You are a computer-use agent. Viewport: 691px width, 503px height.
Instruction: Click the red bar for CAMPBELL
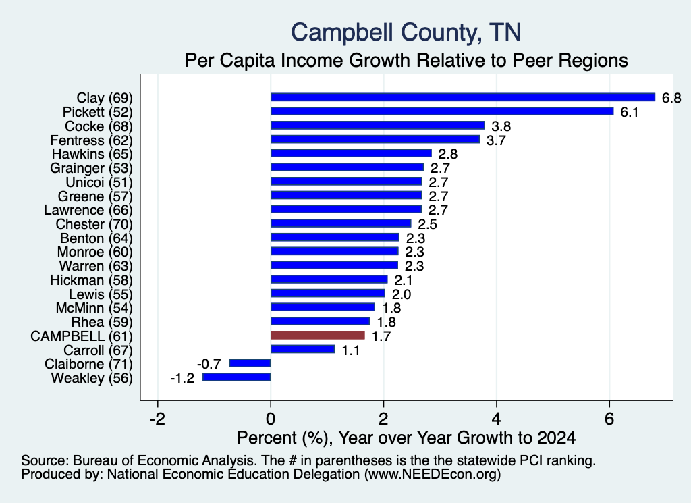click(x=318, y=336)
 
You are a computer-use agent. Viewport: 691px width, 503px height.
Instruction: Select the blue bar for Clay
click(x=463, y=97)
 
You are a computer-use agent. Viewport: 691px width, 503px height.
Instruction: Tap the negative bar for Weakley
click(x=237, y=377)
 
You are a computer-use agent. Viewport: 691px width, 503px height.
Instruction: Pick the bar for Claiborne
click(x=250, y=363)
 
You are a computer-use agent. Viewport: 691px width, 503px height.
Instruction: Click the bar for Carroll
click(x=302, y=349)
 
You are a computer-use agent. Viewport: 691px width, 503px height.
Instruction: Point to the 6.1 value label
click(x=630, y=112)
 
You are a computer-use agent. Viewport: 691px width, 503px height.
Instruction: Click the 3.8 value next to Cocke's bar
click(x=501, y=126)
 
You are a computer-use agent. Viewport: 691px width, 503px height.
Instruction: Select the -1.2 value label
click(x=182, y=378)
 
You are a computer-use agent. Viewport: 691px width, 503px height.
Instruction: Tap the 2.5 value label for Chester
click(x=427, y=224)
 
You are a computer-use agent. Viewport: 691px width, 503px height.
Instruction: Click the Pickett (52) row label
click(x=97, y=112)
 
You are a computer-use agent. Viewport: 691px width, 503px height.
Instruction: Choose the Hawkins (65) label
click(x=92, y=154)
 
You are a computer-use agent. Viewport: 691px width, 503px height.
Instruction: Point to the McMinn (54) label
click(x=94, y=308)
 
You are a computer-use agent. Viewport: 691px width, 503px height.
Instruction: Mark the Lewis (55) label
click(x=101, y=294)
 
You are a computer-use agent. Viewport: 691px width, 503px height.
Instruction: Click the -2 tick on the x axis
click(x=157, y=419)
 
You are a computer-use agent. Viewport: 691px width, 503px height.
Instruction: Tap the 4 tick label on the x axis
click(x=496, y=419)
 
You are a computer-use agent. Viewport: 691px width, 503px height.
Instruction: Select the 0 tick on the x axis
click(x=271, y=419)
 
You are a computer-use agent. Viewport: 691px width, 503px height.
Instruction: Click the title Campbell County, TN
click(x=406, y=32)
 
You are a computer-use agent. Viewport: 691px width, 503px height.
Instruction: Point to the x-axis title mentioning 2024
click(x=406, y=438)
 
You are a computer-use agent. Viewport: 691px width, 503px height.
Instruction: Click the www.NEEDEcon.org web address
click(x=433, y=475)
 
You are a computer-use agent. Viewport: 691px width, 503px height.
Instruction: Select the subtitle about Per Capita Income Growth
click(x=406, y=60)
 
